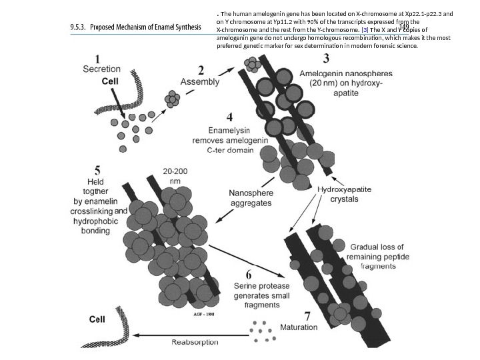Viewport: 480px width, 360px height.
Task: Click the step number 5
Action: click(x=98, y=169)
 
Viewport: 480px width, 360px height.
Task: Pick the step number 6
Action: click(x=248, y=274)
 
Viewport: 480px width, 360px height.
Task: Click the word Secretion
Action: click(x=101, y=69)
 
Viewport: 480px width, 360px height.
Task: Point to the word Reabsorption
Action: click(x=194, y=343)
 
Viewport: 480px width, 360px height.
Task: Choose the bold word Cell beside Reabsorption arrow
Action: click(x=97, y=319)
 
